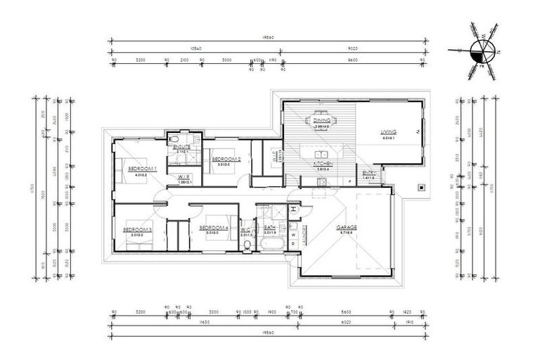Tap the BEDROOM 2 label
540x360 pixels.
[226, 160]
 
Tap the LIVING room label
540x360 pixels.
[388, 132]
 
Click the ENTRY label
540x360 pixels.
[368, 174]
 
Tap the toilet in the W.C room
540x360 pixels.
[250, 244]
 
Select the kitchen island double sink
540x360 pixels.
[321, 153]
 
